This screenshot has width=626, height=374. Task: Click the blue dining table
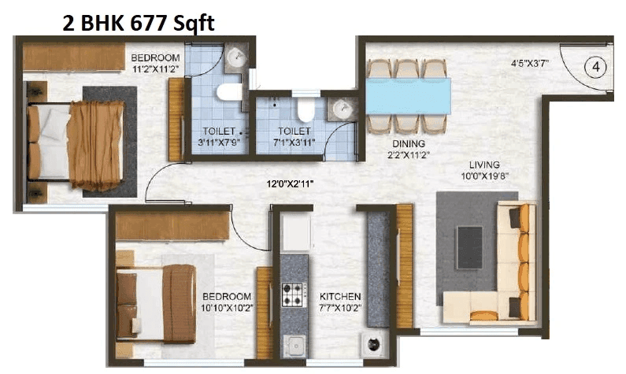point(408,96)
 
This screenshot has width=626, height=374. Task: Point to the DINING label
point(409,143)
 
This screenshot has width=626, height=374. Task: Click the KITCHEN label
point(340,297)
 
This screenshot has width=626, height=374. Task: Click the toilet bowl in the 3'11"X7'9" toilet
point(230,92)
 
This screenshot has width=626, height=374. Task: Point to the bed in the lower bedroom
point(157,303)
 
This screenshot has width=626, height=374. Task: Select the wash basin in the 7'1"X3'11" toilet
point(342,108)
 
